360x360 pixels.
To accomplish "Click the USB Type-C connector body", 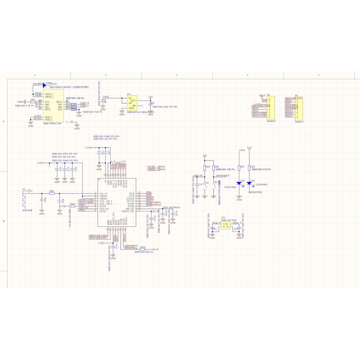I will point(53,107).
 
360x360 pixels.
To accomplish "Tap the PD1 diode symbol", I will point(44,84).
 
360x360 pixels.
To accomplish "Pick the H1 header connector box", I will point(300,108).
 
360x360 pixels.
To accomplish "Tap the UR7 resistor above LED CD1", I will point(242,167).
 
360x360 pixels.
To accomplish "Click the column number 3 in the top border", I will point(176,75).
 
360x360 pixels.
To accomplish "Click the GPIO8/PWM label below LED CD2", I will point(256,192).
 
